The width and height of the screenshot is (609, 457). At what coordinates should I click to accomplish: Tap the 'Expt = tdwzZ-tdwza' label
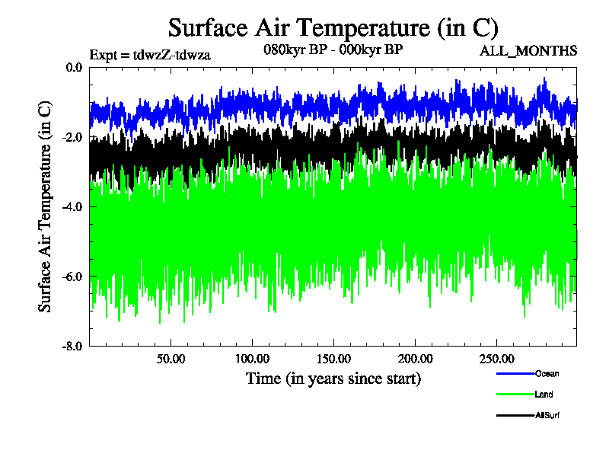click(x=150, y=54)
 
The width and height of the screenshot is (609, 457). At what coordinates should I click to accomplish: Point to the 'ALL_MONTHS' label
click(x=528, y=51)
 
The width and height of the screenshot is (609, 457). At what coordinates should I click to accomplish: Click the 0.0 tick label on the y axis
click(x=74, y=67)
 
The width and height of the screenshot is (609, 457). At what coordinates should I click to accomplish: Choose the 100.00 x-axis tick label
click(x=252, y=359)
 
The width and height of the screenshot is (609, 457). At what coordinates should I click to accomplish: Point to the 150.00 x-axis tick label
click(x=333, y=359)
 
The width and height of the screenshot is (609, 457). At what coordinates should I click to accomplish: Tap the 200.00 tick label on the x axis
click(x=414, y=359)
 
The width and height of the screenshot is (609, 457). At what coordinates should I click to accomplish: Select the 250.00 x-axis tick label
click(x=496, y=359)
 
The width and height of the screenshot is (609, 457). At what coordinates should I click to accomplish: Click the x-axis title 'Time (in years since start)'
click(x=333, y=379)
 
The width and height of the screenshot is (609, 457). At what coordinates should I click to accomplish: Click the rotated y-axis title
click(x=46, y=206)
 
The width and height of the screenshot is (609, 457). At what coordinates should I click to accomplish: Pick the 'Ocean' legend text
click(x=547, y=374)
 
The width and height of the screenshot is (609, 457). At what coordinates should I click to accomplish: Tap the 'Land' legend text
click(x=544, y=395)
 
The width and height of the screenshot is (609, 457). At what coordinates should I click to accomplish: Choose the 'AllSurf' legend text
click(x=548, y=415)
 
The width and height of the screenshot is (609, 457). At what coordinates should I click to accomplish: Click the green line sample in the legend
click(x=515, y=395)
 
